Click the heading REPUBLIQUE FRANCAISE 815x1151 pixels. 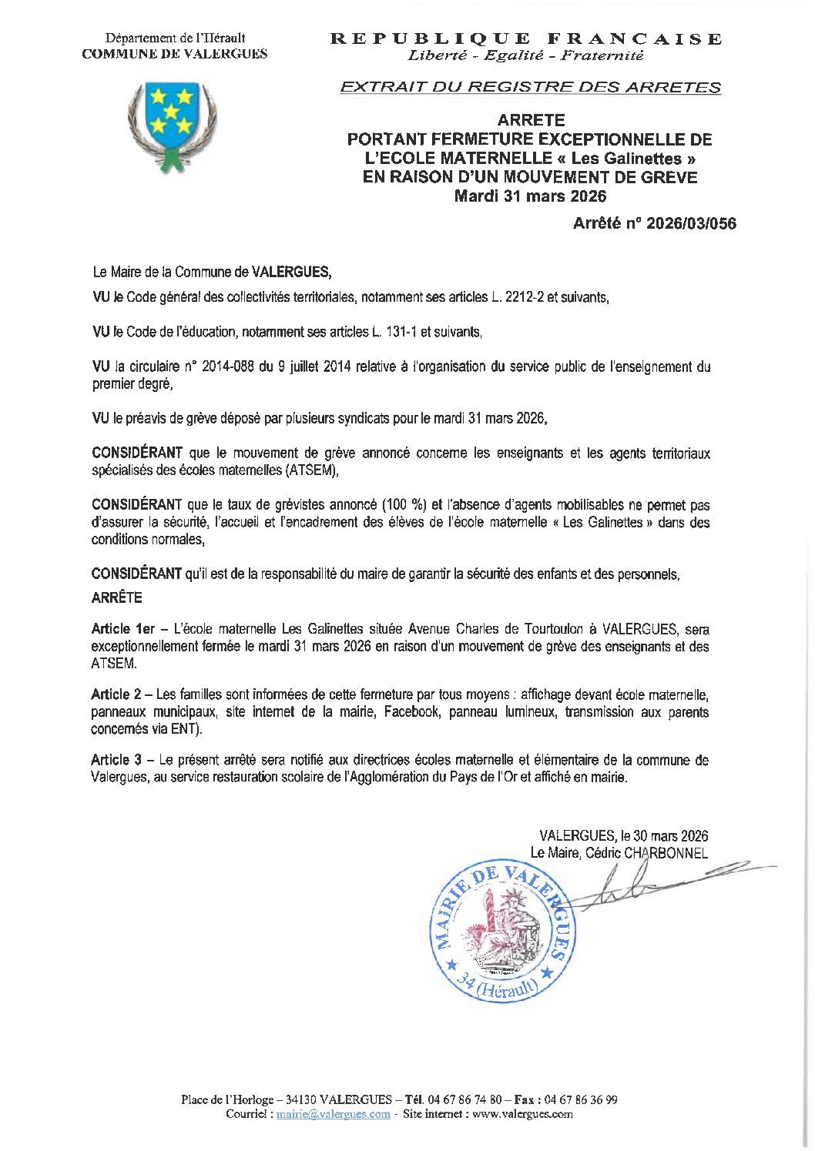[527, 38]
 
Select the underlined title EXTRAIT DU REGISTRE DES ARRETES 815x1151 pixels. [530, 87]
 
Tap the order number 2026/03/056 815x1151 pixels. [691, 224]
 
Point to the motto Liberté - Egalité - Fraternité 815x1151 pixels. [526, 55]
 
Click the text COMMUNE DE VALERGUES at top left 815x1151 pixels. [175, 54]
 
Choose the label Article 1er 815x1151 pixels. [122, 630]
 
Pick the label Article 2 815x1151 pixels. [116, 695]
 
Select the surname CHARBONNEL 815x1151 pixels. [666, 853]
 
